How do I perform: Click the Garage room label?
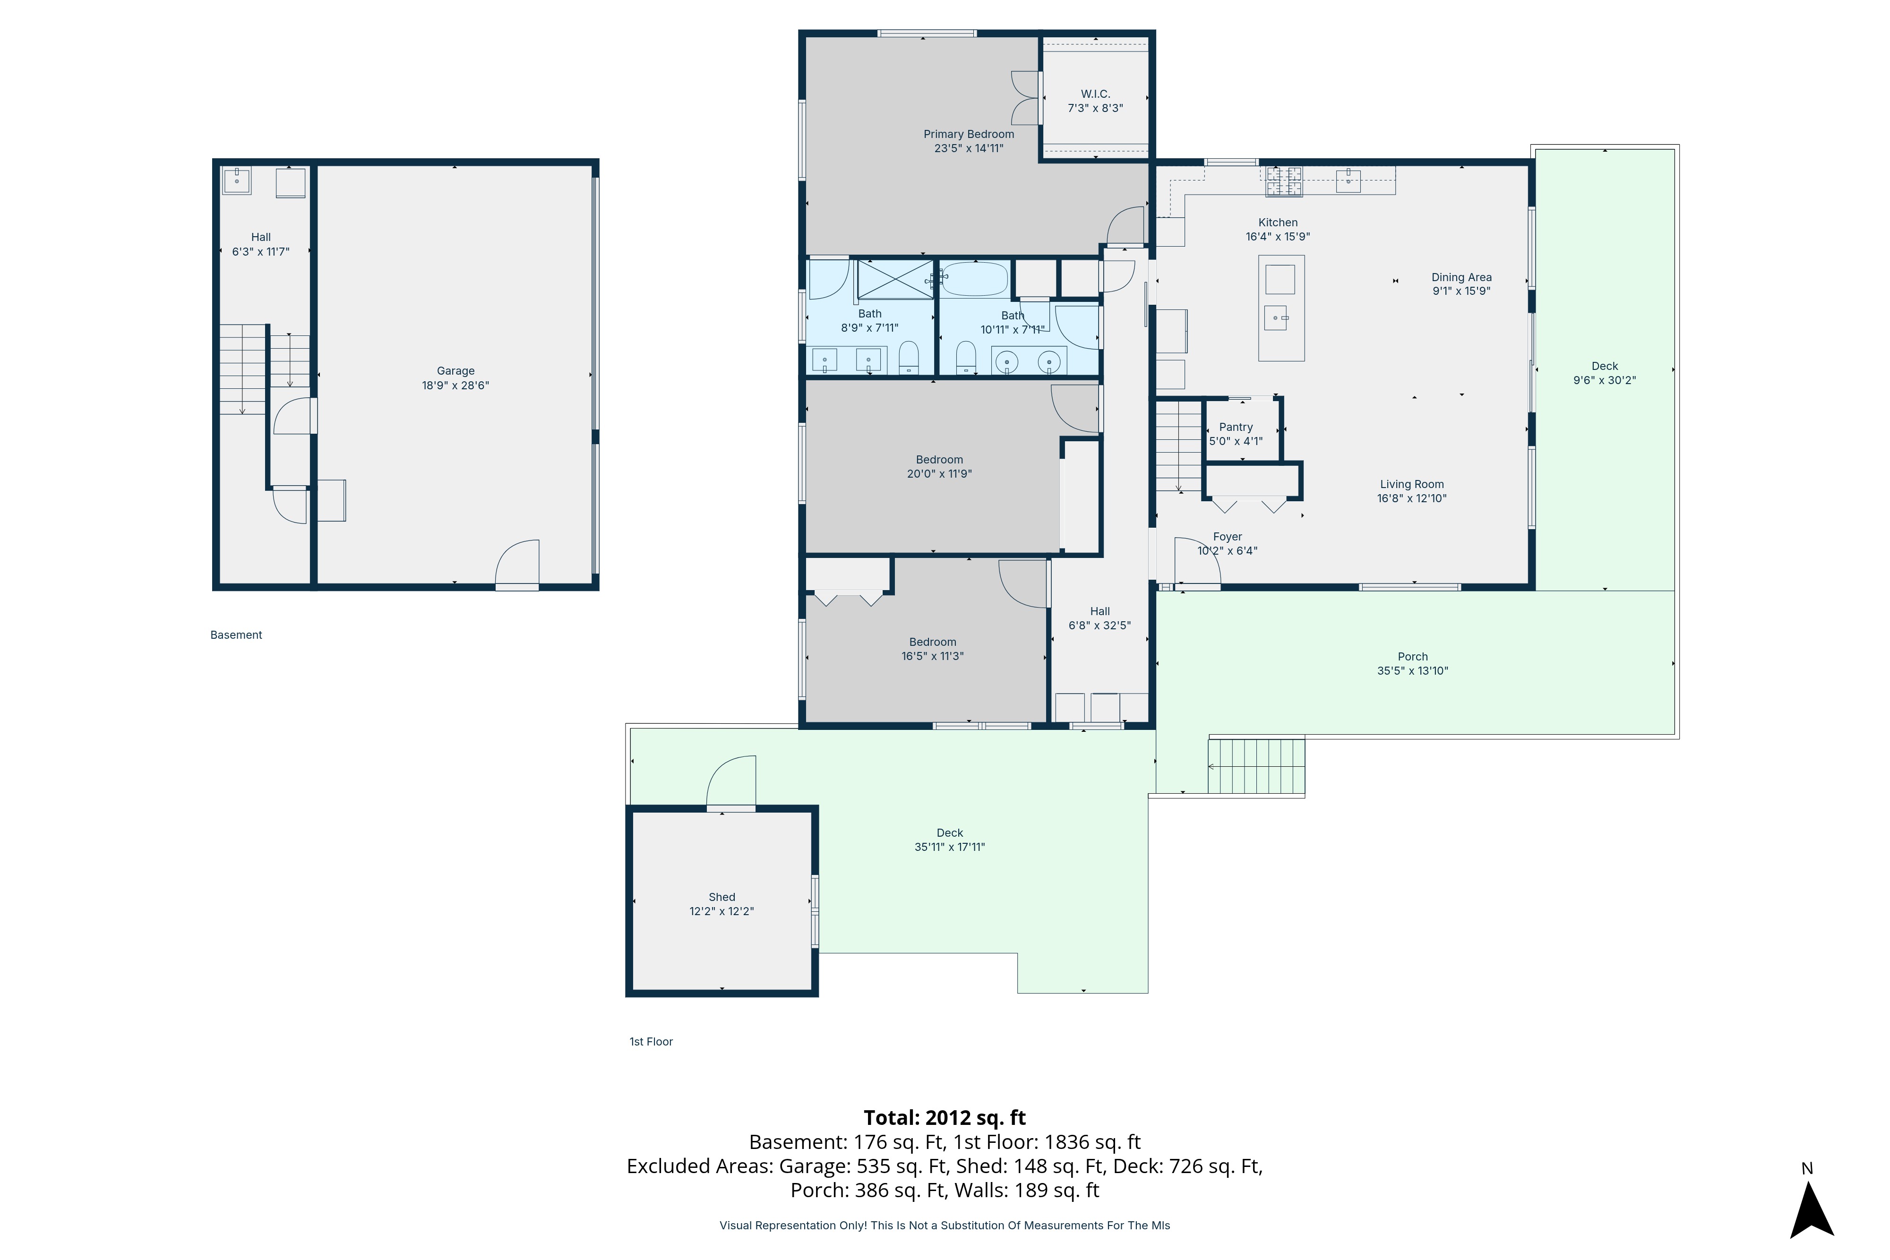pyautogui.click(x=455, y=370)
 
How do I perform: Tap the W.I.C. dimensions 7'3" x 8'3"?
pyautogui.click(x=1095, y=108)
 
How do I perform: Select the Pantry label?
pyautogui.click(x=1236, y=427)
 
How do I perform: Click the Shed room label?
pyautogui.click(x=722, y=897)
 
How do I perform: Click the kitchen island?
pyautogui.click(x=1281, y=308)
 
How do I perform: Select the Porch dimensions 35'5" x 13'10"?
pyautogui.click(x=1413, y=670)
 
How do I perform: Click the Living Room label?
pyautogui.click(x=1412, y=484)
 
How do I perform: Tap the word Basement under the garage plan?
pyautogui.click(x=236, y=635)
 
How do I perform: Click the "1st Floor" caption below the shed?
pyautogui.click(x=651, y=1041)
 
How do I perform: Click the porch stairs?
pyautogui.click(x=1256, y=766)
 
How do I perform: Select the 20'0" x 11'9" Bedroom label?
pyautogui.click(x=939, y=467)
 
